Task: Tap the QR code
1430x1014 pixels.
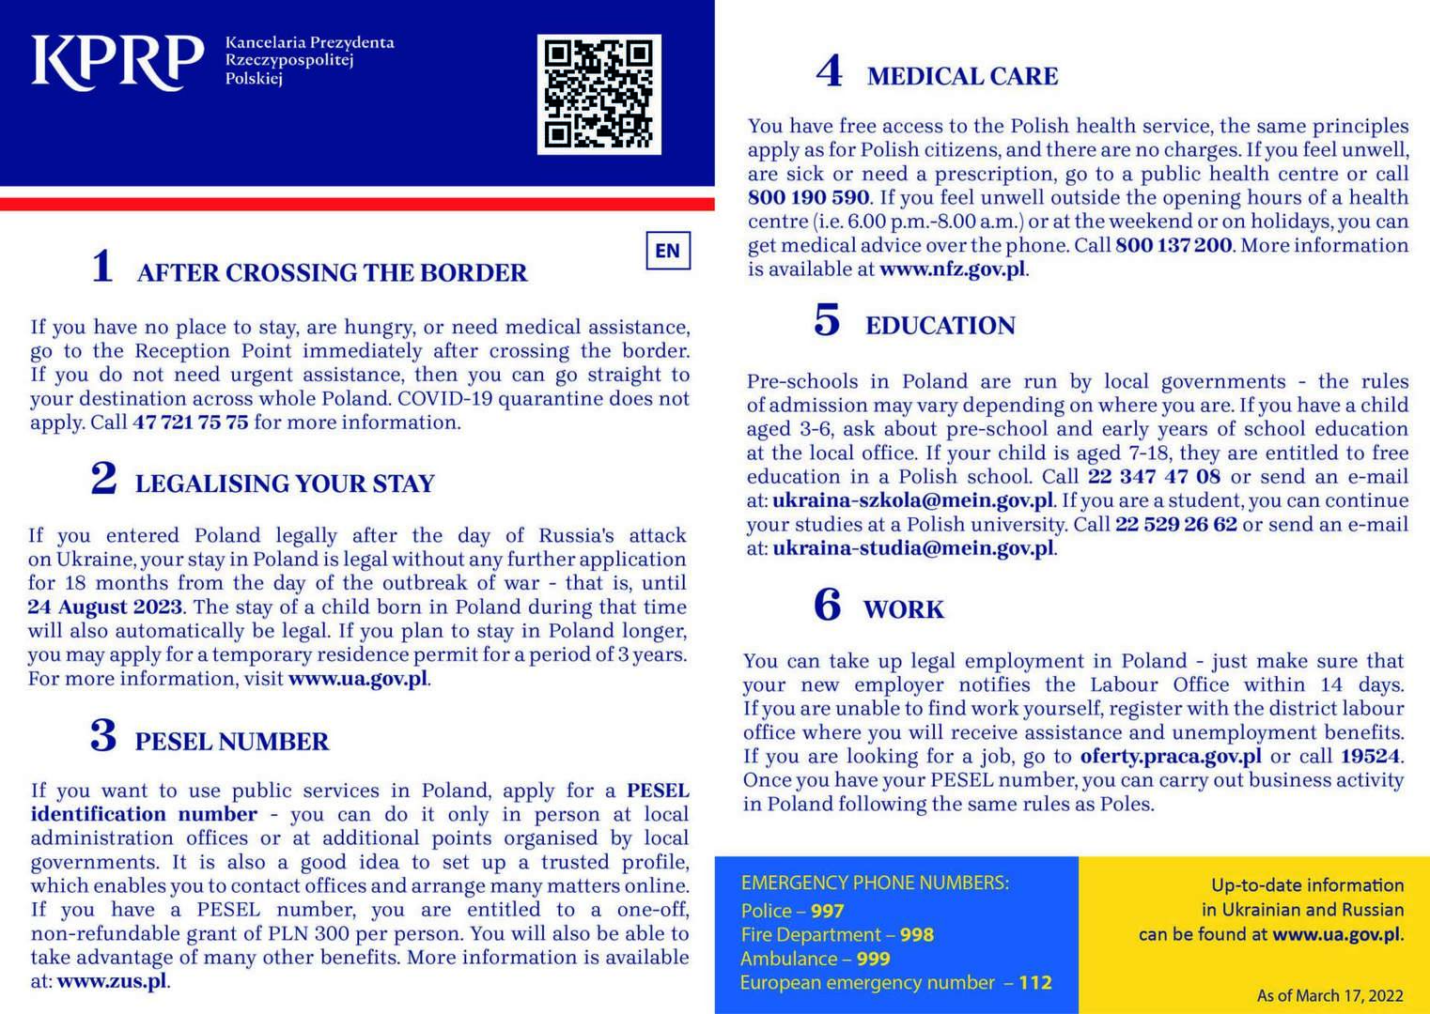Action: click(598, 94)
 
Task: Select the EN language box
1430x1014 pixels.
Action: click(668, 251)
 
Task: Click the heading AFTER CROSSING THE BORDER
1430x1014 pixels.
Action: click(332, 273)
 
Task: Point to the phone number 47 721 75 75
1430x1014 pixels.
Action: click(191, 422)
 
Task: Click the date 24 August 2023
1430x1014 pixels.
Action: click(105, 607)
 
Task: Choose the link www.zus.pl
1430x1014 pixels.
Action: click(113, 982)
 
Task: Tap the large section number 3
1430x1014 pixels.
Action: click(103, 736)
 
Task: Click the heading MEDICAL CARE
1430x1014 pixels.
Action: click(962, 77)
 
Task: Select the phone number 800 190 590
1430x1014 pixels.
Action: click(808, 198)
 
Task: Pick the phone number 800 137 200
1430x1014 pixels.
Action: click(1174, 246)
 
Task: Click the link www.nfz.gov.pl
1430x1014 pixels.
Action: click(952, 269)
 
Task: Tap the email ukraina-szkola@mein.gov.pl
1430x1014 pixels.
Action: click(912, 500)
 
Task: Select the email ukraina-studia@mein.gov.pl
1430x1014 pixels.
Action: click(912, 548)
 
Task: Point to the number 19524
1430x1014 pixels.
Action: click(1371, 757)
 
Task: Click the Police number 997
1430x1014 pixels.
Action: click(828, 911)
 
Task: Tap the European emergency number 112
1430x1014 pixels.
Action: click(1035, 983)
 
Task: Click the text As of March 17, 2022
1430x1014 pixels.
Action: click(1329, 996)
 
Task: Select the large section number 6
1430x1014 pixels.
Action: click(828, 605)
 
